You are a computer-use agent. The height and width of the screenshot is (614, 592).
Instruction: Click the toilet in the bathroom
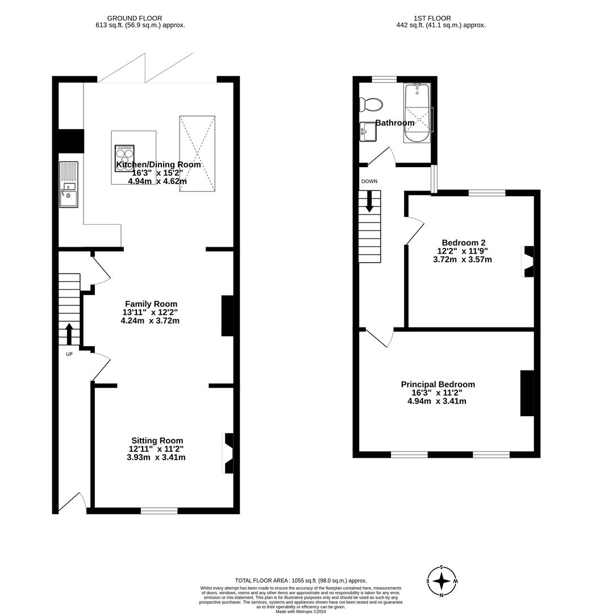(371, 105)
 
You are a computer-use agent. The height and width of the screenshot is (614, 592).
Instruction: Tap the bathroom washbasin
(368, 132)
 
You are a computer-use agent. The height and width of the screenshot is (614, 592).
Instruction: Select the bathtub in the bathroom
(417, 113)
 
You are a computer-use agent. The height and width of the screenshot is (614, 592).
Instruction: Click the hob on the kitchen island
(125, 158)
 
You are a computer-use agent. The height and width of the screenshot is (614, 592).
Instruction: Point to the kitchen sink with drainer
(69, 184)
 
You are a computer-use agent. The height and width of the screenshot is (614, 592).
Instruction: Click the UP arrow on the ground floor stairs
(69, 334)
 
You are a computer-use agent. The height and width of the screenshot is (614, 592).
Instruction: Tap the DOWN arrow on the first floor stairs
(369, 201)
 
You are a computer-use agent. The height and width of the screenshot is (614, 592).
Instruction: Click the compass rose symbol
(442, 581)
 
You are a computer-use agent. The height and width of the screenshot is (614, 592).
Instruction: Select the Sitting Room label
(157, 441)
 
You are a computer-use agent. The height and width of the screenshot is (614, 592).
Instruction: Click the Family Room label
(151, 304)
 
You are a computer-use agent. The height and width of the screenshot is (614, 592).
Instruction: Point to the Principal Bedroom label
(438, 384)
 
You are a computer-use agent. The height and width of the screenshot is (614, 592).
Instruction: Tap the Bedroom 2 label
(463, 243)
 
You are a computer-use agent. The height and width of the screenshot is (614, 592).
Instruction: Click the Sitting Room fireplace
(228, 453)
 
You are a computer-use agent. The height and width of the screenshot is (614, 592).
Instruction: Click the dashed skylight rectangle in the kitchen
(197, 153)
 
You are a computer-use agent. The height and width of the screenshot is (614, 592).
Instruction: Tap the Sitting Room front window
(159, 511)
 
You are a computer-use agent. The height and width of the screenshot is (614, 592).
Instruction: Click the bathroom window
(384, 80)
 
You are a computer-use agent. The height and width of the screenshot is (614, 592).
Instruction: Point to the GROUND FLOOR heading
(135, 18)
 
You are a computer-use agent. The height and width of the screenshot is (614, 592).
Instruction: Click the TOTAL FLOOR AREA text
(301, 580)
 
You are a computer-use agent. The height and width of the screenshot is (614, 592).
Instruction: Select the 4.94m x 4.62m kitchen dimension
(157, 181)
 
